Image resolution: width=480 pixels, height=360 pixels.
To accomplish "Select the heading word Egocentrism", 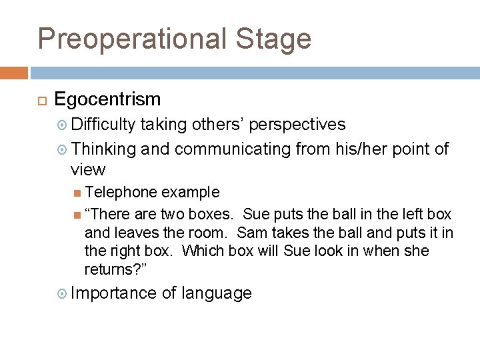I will (x=107, y=99).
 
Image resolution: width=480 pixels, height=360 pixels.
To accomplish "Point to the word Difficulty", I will (x=103, y=125).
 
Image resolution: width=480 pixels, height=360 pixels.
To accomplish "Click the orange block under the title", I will (x=14, y=73).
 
